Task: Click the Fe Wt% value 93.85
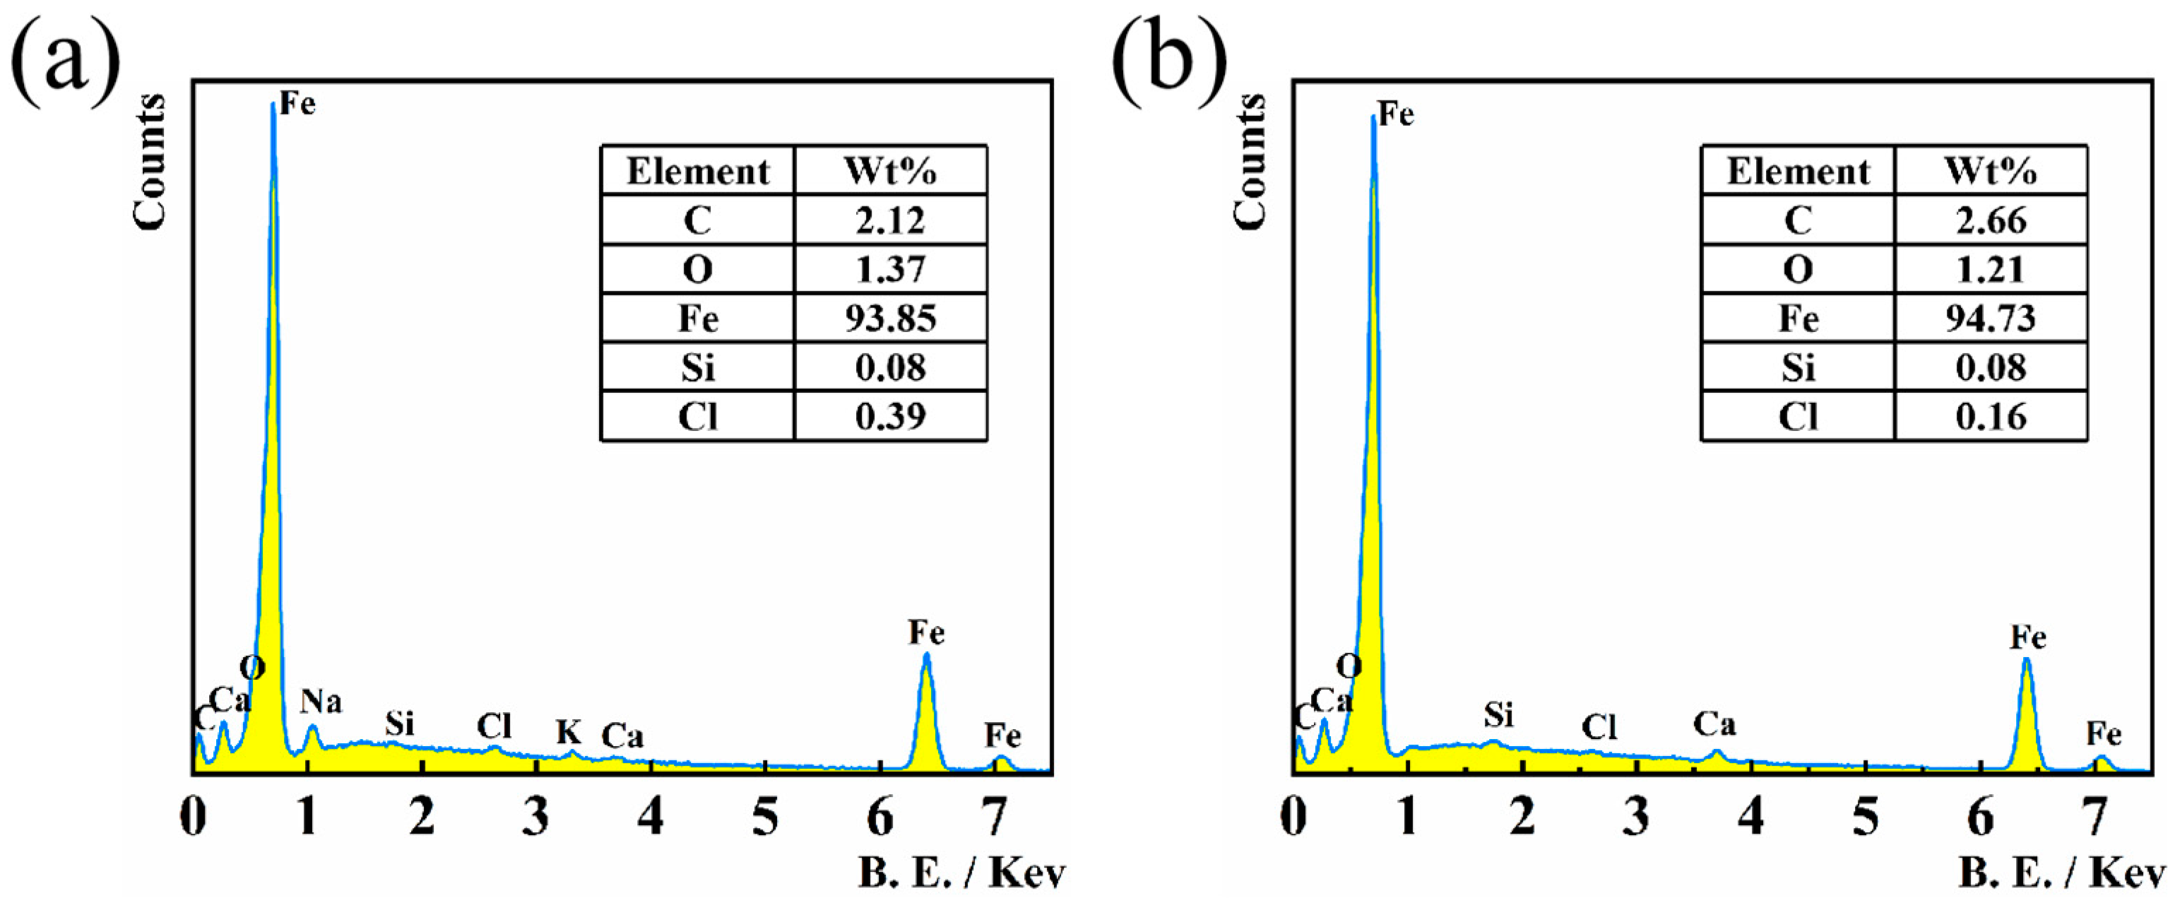click(890, 319)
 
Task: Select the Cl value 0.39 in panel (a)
click(890, 416)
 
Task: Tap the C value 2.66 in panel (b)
click(1990, 220)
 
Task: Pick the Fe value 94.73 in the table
click(1990, 319)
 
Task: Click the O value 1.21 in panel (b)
click(1990, 269)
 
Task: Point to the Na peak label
click(321, 701)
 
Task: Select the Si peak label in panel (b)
click(1499, 716)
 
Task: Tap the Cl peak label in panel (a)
click(494, 726)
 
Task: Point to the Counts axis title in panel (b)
click(1250, 160)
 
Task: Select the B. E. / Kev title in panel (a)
click(961, 873)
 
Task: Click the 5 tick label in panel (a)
click(765, 817)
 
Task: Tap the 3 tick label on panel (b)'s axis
click(1636, 817)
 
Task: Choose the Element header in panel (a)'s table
click(697, 172)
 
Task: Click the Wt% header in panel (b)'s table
click(1990, 172)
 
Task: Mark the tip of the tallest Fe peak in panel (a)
click(273, 105)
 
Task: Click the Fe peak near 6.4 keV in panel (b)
click(2025, 661)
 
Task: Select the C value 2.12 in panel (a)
click(890, 220)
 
